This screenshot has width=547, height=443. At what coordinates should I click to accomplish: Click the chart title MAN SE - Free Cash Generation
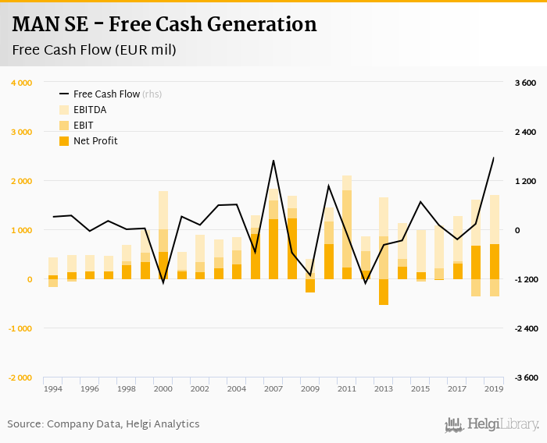tap(165, 24)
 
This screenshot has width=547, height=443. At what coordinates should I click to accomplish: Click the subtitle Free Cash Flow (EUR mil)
tap(94, 50)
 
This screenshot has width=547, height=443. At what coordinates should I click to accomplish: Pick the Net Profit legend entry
tap(95, 141)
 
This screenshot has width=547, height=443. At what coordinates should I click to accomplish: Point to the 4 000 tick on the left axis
tap(21, 83)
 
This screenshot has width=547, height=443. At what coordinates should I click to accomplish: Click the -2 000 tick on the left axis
tap(20, 377)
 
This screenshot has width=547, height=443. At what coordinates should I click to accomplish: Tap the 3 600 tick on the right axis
tap(524, 83)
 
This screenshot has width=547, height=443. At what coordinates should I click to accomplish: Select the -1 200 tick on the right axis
tap(524, 279)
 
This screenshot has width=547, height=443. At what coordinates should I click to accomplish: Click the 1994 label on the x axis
tap(53, 388)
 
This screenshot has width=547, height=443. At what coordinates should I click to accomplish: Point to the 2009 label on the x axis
tap(310, 388)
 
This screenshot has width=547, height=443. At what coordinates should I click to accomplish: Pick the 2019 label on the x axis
tap(494, 388)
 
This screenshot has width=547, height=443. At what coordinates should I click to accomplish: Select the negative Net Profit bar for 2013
tap(384, 292)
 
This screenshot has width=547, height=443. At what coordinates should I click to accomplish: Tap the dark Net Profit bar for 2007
tap(273, 249)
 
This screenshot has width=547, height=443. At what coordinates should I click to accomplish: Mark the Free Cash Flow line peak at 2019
tap(494, 158)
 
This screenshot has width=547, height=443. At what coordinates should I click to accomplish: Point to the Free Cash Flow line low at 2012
tap(365, 282)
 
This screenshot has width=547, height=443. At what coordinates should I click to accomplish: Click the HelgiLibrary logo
tap(492, 424)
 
